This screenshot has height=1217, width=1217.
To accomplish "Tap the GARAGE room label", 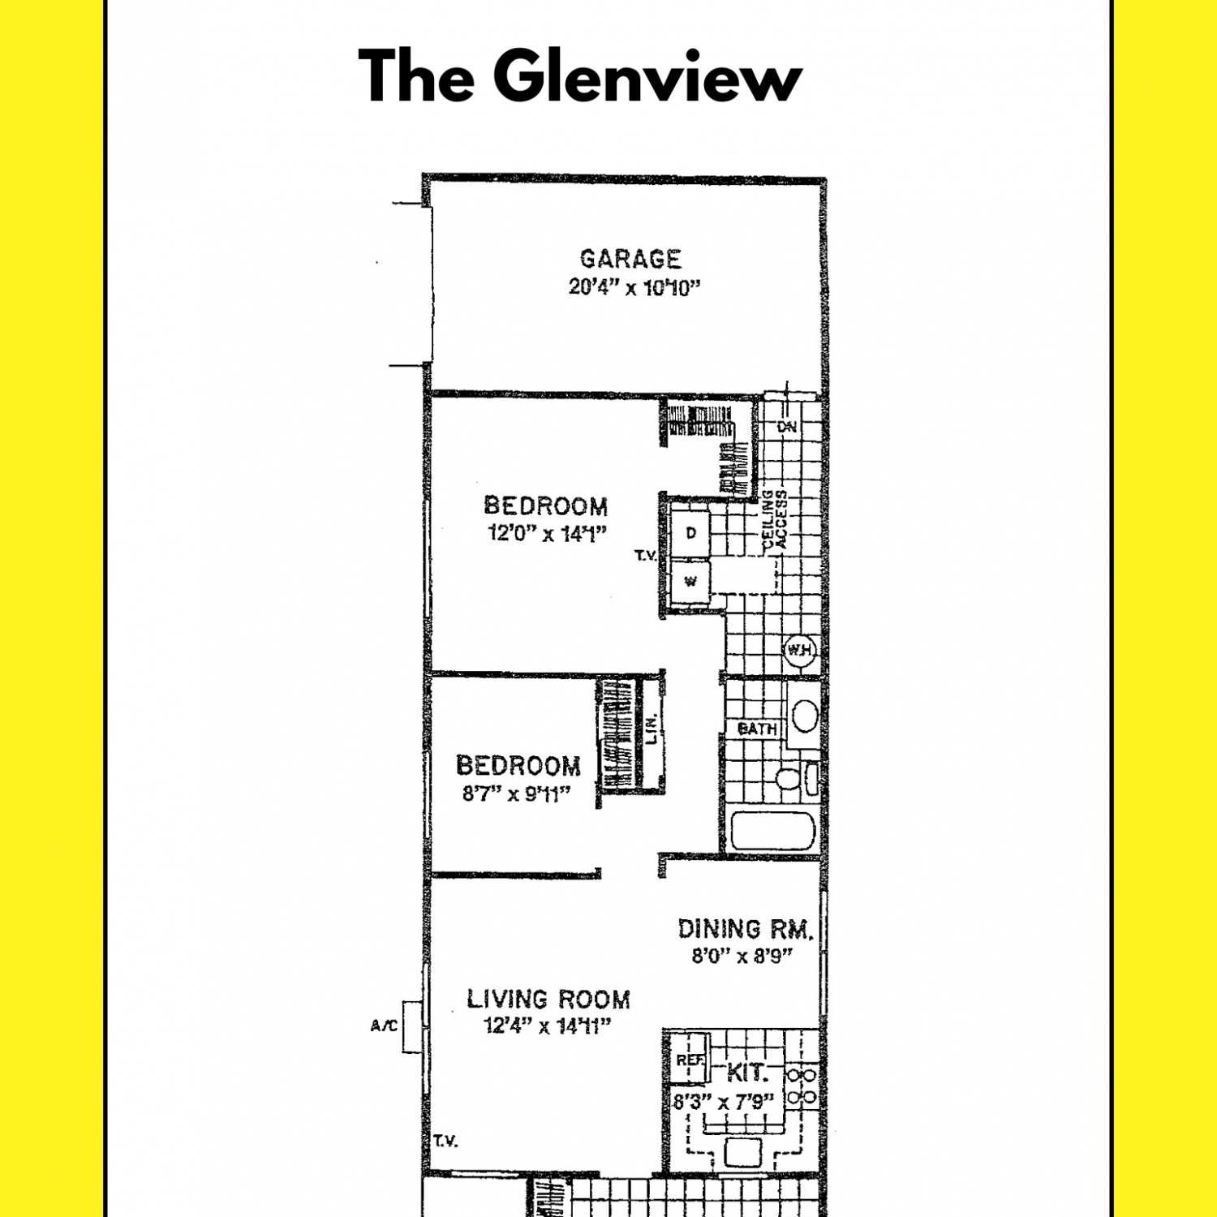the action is point(630,259).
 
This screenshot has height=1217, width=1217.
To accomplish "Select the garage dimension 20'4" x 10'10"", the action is point(634,287).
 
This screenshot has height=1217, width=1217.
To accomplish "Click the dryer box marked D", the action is point(690,533).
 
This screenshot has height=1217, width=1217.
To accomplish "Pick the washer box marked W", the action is point(690,581).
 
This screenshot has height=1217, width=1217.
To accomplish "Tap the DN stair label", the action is point(787,427).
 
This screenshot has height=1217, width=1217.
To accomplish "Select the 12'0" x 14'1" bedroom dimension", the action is point(547,534).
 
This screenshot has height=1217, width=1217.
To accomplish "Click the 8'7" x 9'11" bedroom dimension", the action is point(517,793).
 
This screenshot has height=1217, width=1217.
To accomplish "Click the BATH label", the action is point(757,729).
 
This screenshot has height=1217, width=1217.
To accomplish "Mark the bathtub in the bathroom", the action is point(772,831).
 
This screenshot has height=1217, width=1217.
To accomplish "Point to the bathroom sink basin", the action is point(805,716).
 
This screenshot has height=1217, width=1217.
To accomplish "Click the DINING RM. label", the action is point(746,929).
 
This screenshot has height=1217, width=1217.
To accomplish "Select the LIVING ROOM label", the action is point(548,999).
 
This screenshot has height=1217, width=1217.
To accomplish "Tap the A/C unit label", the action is point(384,1026).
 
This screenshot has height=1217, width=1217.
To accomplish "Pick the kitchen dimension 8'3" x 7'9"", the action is point(724,1102).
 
